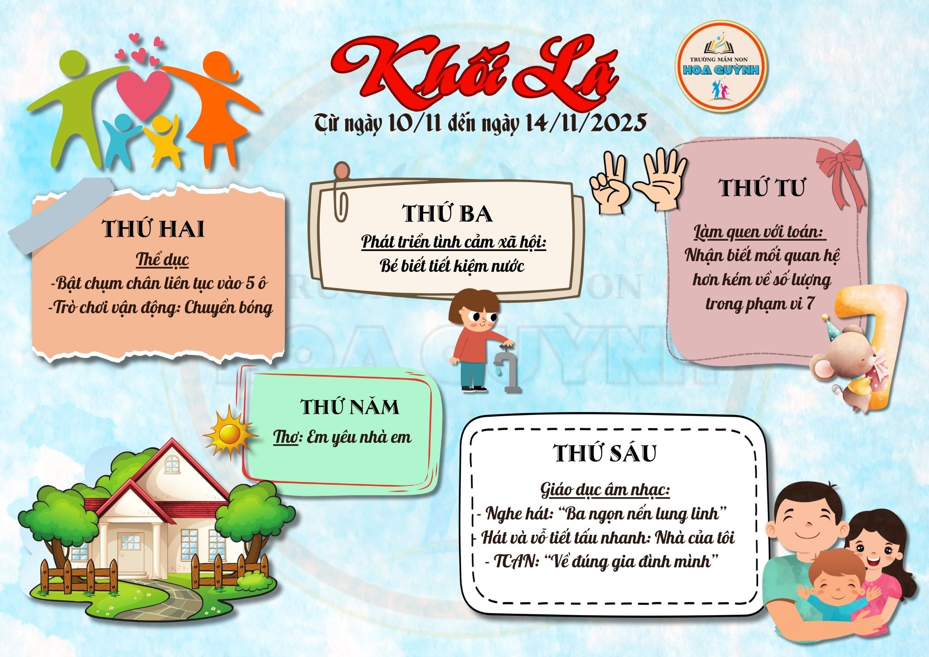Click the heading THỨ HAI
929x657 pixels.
pyautogui.click(x=153, y=229)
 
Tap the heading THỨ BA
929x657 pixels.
pyautogui.click(x=447, y=213)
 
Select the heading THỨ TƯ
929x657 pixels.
pyautogui.click(x=762, y=188)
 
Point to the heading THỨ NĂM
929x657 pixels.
pyautogui.click(x=350, y=407)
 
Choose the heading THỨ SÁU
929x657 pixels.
pyautogui.click(x=605, y=453)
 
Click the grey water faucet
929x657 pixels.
pyautogui.click(x=508, y=367)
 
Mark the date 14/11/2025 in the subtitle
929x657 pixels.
pyautogui.click(x=586, y=123)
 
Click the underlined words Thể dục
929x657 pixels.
pyautogui.click(x=162, y=259)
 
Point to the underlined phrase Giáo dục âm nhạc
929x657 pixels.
pyautogui.click(x=605, y=490)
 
